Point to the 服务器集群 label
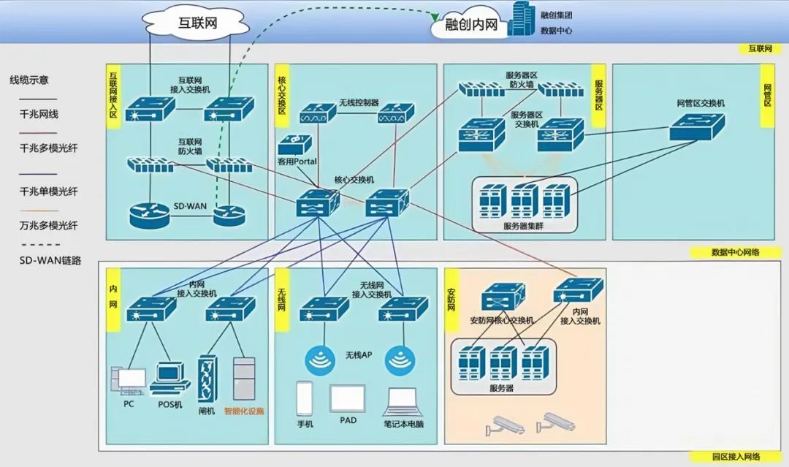click(x=523, y=226)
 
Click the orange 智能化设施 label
click(x=244, y=411)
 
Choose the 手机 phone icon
click(x=305, y=399)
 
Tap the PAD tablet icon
click(x=347, y=398)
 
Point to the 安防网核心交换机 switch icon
click(x=503, y=297)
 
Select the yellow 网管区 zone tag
click(x=768, y=96)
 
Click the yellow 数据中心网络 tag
click(x=736, y=252)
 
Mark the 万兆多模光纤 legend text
click(x=49, y=225)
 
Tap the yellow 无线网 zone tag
click(x=282, y=299)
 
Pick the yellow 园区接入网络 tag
click(x=736, y=457)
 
